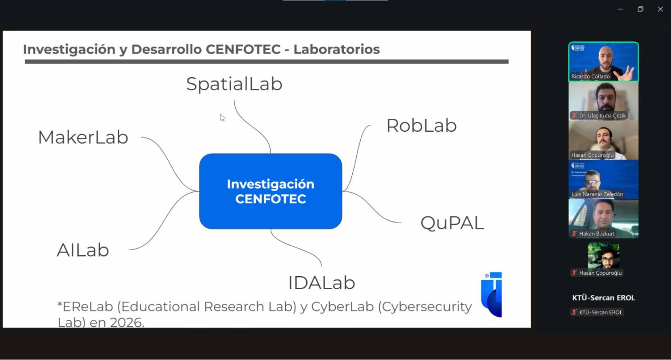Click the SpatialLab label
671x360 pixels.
pyautogui.click(x=234, y=84)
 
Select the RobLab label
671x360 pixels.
pyautogui.click(x=421, y=126)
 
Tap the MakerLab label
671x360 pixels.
pyautogui.click(x=83, y=137)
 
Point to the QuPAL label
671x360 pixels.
pyautogui.click(x=452, y=223)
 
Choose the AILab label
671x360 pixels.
pyautogui.click(x=83, y=250)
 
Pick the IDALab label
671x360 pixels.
pyautogui.click(x=322, y=283)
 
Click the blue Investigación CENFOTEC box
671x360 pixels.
pyautogui.click(x=270, y=191)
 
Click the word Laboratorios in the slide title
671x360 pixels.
pyautogui.click(x=336, y=49)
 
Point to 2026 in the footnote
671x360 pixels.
pyautogui.click(x=127, y=322)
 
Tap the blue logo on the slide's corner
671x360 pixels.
pyautogui.click(x=492, y=294)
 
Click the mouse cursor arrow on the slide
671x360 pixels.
pyautogui.click(x=222, y=117)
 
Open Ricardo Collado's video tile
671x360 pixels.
pyautogui.click(x=603, y=61)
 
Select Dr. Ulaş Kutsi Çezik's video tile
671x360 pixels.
pyautogui.click(x=603, y=101)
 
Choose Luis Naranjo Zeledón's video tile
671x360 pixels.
pyautogui.click(x=603, y=179)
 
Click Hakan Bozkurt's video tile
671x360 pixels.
pyautogui.click(x=603, y=218)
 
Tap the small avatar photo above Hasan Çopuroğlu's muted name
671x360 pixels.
pyautogui.click(x=603, y=255)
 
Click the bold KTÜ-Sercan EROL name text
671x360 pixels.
pyautogui.click(x=603, y=298)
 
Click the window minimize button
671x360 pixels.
pyautogui.click(x=620, y=9)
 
